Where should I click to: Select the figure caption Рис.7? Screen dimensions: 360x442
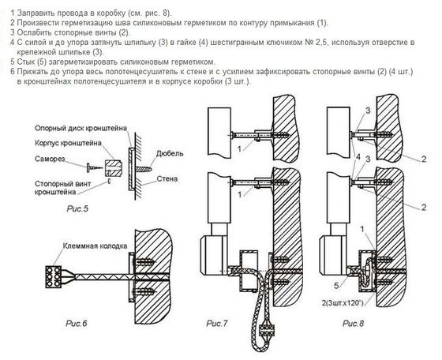(x=216, y=322)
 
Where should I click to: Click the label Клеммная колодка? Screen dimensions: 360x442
(x=93, y=247)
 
